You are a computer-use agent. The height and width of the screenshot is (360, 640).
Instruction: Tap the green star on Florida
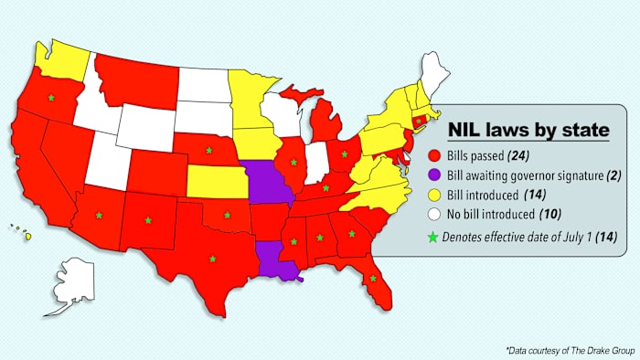coord(373,279)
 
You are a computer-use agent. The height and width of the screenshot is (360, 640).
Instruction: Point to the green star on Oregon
coord(51,97)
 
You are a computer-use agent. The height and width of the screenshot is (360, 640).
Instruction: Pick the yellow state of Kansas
coord(215,182)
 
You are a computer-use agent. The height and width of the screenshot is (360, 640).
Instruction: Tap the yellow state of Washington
coord(64,57)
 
